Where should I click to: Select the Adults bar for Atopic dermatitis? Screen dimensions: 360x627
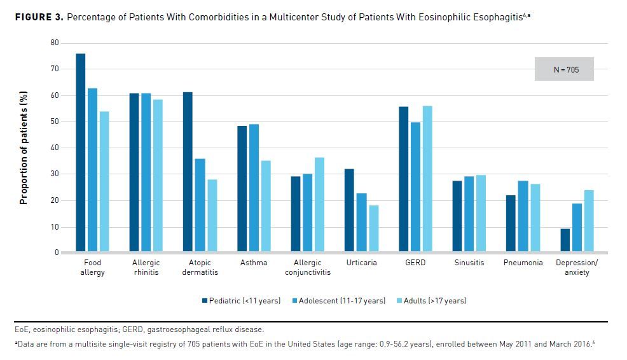(212, 216)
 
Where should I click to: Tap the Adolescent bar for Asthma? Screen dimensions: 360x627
(254, 188)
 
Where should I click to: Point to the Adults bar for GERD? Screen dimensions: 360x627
(427, 179)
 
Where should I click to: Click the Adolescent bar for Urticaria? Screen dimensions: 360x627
(361, 223)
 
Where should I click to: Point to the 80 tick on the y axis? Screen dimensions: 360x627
(55, 43)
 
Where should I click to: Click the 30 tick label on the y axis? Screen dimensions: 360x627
(55, 174)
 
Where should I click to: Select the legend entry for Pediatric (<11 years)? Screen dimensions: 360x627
(241, 300)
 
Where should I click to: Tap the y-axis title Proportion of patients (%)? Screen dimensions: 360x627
(24, 148)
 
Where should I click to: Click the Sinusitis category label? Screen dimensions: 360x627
(469, 263)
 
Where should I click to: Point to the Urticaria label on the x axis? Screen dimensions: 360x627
(361, 263)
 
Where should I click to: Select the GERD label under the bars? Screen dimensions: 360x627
(415, 263)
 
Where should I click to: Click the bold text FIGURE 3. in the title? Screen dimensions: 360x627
(39, 16)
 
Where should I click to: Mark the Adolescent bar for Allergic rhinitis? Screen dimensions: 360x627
(146, 173)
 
